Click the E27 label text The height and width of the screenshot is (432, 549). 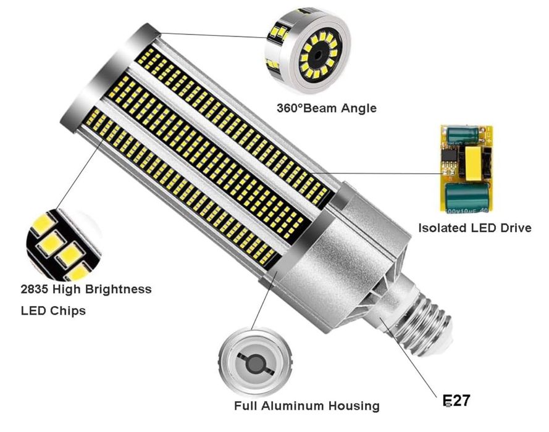tap(456, 401)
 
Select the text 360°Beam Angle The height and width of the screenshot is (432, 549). tap(327, 108)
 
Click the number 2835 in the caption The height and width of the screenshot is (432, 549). tap(33, 289)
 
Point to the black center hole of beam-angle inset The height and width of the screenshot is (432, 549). tap(318, 55)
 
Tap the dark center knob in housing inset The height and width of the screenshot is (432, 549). tap(255, 365)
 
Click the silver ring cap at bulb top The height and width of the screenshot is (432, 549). tap(109, 77)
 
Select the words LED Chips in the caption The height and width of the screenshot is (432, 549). tap(53, 311)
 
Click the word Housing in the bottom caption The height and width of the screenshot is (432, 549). tap(354, 407)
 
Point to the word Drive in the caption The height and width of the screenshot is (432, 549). tap(516, 228)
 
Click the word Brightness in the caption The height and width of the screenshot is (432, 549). tap(118, 289)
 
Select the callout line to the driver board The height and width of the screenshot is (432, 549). tap(377, 173)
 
